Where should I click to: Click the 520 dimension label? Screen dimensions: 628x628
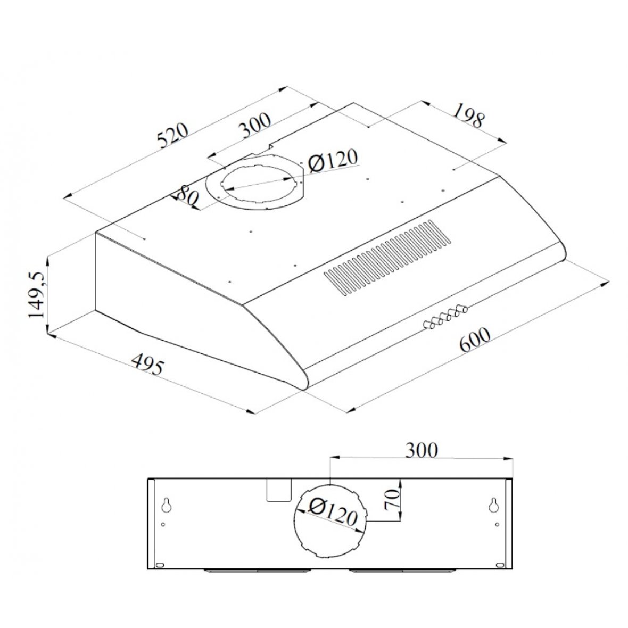click(173, 135)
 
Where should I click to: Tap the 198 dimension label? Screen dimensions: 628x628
click(468, 115)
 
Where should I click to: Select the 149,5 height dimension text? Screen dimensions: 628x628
click(37, 295)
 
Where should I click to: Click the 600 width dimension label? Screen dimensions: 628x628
click(475, 340)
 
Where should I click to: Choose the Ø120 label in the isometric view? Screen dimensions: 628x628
click(332, 161)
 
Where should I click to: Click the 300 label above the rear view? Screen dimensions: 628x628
click(422, 450)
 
